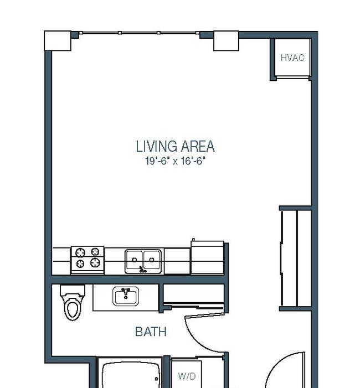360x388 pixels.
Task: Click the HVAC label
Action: [x=292, y=58]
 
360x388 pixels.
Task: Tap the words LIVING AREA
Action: [x=176, y=146]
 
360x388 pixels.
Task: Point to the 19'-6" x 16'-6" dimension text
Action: [x=176, y=161]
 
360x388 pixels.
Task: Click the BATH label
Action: [x=151, y=332]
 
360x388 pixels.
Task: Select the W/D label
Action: [x=187, y=376]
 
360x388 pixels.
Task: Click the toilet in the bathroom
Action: [x=73, y=302]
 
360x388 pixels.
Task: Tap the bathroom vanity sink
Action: [x=126, y=296]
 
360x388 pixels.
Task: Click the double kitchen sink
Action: [x=143, y=261]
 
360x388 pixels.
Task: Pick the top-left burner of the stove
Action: [x=80, y=252]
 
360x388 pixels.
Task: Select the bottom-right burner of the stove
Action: [x=95, y=262]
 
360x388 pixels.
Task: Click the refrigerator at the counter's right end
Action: [x=207, y=257]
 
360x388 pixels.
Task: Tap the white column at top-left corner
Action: [x=58, y=41]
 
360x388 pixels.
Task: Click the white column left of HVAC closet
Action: [x=226, y=41]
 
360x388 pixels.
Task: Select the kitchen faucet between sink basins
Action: [x=142, y=269]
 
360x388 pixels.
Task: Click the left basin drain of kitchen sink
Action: [x=135, y=260]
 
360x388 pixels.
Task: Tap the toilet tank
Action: [x=73, y=290]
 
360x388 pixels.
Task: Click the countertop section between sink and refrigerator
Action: [x=177, y=261]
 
